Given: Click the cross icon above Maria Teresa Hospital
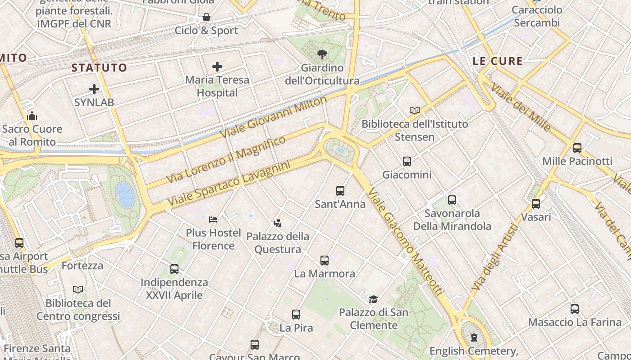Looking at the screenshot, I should [x=217, y=67].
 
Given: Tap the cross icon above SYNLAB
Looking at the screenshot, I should [x=94, y=89].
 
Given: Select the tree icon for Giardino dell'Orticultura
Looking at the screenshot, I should [x=322, y=55].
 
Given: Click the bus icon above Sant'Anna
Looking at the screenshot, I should [x=340, y=191].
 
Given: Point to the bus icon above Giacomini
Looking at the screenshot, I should [x=407, y=162].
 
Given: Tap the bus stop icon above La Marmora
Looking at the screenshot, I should [x=325, y=260].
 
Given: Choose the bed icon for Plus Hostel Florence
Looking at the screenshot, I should [x=214, y=220].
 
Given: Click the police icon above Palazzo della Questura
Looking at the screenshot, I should [x=278, y=222].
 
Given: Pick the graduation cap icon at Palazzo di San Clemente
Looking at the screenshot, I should [x=373, y=299].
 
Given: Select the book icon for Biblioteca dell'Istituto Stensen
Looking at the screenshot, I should [x=415, y=110].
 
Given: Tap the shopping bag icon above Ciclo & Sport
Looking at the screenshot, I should [x=206, y=18].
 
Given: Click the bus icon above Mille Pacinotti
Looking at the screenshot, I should [x=577, y=148].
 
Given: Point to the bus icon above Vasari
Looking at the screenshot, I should [x=536, y=204].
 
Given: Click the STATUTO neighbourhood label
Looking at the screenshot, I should [x=99, y=68].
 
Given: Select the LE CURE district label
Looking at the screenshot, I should [x=498, y=61].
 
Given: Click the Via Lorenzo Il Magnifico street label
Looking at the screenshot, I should [x=226, y=159].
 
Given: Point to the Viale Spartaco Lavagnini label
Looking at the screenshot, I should [x=229, y=184].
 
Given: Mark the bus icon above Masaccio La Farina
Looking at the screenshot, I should [x=575, y=309].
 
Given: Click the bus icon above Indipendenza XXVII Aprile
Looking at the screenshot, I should [x=174, y=269].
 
